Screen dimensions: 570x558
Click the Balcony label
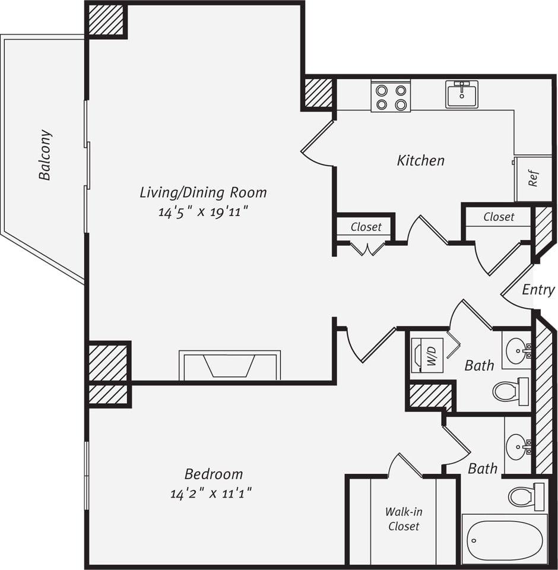coord(45,155)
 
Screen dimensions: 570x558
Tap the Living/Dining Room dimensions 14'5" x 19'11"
coord(202,212)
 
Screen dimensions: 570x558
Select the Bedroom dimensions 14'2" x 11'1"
coord(213,493)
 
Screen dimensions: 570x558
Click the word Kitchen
coord(420,160)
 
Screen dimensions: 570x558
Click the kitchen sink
coord(462,94)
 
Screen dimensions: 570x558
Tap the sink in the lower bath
coord(518,444)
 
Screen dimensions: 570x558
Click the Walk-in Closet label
coord(404,519)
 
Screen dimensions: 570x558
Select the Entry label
coord(538,290)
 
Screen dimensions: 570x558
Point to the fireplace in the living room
coord(229,365)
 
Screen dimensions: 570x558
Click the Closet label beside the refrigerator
coord(498,217)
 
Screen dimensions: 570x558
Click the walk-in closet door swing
coord(405,466)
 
